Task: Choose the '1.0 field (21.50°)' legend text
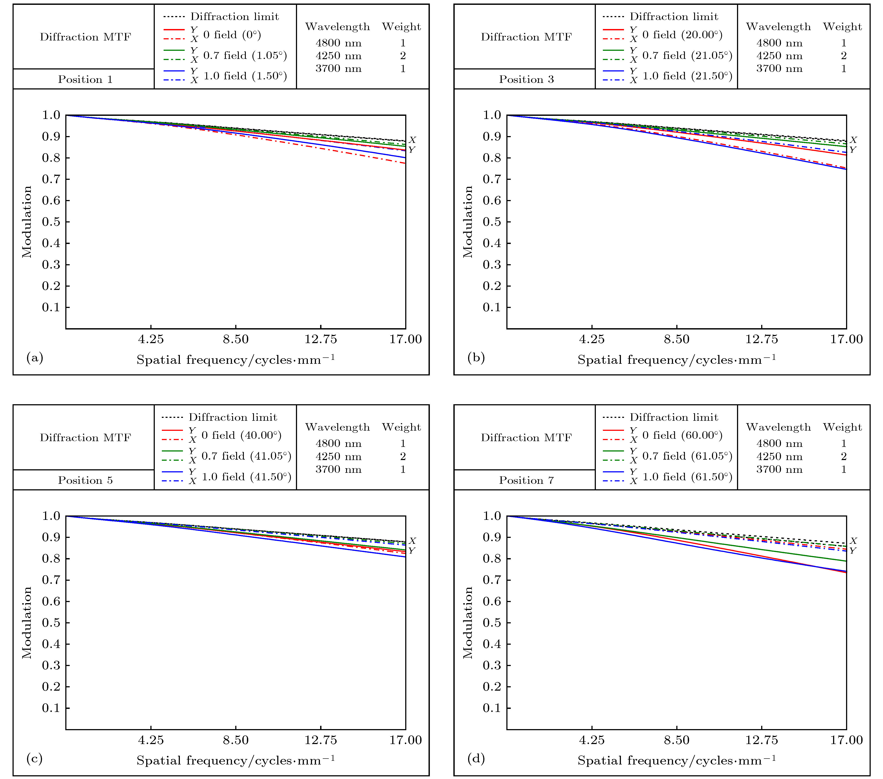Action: coord(687,76)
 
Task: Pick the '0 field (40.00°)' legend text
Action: coord(241,435)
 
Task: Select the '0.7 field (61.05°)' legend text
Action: coord(687,456)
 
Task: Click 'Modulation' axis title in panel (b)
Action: coord(468,222)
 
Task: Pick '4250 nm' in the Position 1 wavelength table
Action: coord(338,56)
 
